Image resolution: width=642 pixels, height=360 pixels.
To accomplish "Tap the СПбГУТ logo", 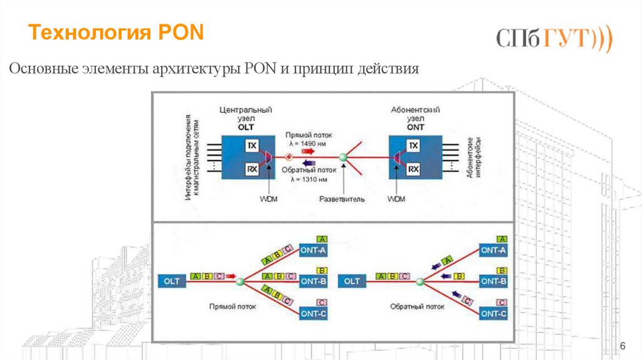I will [x=554, y=40].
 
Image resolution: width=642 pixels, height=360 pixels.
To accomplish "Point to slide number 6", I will [x=623, y=346].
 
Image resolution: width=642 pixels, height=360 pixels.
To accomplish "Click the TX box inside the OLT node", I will [x=252, y=145].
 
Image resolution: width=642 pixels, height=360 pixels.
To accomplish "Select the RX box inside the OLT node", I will [x=252, y=169].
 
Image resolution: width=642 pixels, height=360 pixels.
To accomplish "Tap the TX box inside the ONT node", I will [x=413, y=146].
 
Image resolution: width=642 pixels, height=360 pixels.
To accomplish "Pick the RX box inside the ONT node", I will [x=413, y=169].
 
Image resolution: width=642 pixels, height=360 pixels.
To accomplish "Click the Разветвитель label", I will [x=342, y=199].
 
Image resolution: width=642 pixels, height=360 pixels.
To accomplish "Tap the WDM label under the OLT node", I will [x=268, y=199].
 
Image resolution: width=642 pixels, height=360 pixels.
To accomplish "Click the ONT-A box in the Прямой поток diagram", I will [x=313, y=250].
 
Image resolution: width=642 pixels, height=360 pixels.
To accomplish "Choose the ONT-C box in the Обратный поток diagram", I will [x=493, y=312].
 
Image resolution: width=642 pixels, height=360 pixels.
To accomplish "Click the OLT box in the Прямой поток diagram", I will [x=172, y=282].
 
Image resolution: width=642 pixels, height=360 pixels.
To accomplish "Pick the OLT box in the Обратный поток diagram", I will [x=352, y=282].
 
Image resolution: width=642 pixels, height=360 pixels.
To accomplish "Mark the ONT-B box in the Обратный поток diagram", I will [x=493, y=282].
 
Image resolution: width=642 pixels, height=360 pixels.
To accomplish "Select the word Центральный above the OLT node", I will [x=246, y=109].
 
